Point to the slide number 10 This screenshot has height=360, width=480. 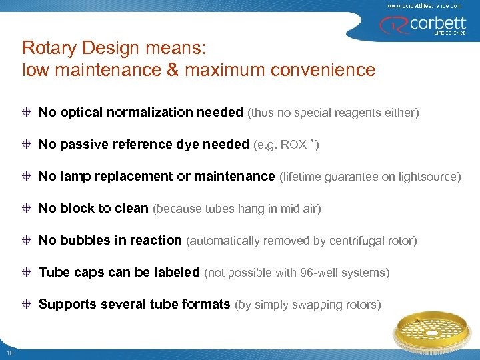tap(10, 352)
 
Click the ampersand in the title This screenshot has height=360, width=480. tap(173, 69)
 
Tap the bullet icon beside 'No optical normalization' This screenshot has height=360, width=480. tap(27, 113)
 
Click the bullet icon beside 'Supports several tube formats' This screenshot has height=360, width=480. tap(27, 305)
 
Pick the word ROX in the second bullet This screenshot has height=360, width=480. tap(294, 145)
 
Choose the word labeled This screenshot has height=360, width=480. tap(177, 273)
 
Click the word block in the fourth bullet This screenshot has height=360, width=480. tap(77, 209)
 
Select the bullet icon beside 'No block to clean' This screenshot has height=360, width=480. tap(27, 209)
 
